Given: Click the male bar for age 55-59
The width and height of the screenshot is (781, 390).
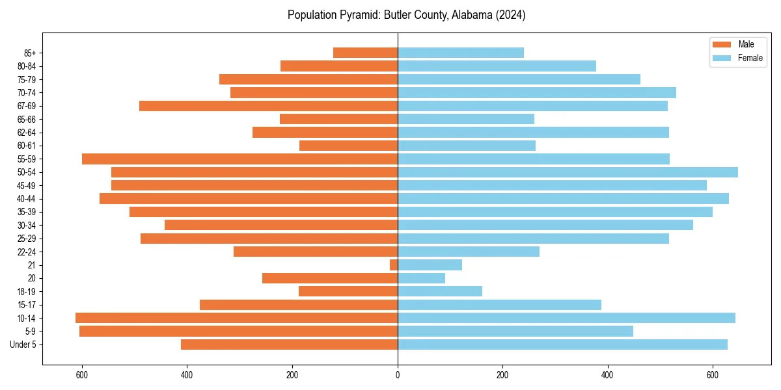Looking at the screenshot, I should pos(240,159).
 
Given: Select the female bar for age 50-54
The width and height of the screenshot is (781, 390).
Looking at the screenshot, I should pos(568,172).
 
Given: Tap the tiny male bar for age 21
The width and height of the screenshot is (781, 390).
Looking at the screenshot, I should pos(394,265).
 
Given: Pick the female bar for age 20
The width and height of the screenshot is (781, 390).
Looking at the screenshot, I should pos(421,278).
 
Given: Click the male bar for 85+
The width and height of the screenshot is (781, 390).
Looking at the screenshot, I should pos(365,53).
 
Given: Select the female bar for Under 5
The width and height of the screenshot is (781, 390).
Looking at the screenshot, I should pos(562,344).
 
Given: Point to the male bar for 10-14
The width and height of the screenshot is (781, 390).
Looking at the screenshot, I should pos(236,318).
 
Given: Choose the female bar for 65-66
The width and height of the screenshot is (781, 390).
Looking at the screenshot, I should pos(465,119).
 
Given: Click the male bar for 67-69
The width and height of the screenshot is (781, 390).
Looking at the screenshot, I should pos(268,106).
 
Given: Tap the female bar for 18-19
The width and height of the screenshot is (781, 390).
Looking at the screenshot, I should pos(439,291).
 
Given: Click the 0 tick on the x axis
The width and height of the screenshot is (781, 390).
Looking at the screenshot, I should pos(398,374).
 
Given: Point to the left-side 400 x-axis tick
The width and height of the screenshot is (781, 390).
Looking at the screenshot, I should pos(187,374).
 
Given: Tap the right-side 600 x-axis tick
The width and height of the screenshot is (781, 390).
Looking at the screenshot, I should pos(713,374).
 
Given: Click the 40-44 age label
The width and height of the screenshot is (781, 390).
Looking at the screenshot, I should pos(27,199).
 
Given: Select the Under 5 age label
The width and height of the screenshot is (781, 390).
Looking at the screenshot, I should pos(23,344).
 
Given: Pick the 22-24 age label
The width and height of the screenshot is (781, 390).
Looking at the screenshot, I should pos(27,252).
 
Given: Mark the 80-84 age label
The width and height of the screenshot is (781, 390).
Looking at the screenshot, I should pos(27,66).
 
